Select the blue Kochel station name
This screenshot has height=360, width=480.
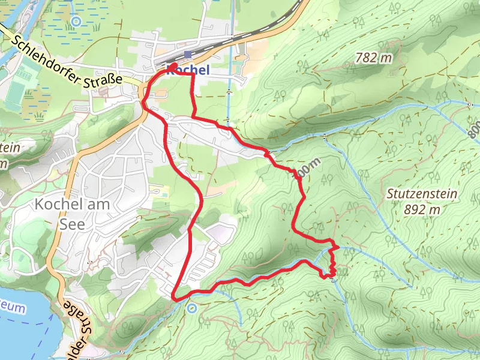coord(188,70)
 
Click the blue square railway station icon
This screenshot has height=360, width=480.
coord(188,55)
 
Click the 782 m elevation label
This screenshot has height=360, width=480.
coord(373,58)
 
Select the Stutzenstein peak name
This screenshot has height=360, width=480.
coord(422,194)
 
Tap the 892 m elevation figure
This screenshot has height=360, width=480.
coord(422,209)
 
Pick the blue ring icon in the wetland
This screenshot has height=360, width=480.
coord(76,22)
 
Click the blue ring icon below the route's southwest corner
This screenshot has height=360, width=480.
coord(191,308)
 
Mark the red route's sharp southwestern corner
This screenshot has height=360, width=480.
coord(174,298)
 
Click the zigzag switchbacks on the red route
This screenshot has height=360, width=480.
coord(332,264)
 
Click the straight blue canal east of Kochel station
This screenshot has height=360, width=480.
coord(229,90)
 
